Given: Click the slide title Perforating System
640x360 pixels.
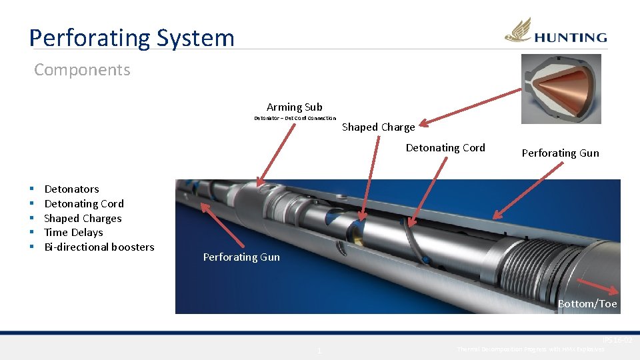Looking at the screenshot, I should [131, 37].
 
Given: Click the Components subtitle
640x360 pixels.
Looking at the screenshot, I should [82, 69].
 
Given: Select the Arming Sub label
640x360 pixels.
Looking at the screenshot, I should [294, 107].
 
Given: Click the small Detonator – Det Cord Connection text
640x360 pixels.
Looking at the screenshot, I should [295, 119].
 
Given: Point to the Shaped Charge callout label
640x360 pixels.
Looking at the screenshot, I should [378, 127].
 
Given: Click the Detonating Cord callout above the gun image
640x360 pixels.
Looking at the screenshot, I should [445, 148].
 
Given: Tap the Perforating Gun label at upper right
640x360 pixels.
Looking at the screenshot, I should [560, 153].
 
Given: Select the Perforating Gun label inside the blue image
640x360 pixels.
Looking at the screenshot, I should [241, 257].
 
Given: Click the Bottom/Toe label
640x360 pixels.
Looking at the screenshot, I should [587, 304].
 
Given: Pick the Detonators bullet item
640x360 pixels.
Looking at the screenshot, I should [71, 189].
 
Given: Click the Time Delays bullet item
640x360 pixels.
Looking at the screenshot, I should [73, 233].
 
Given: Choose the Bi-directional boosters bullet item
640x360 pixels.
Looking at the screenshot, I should [99, 247].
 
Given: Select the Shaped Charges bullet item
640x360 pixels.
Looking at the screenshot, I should [83, 218].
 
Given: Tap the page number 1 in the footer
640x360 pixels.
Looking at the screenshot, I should [319, 351].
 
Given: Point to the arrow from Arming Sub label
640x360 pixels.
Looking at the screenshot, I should [277, 153].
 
